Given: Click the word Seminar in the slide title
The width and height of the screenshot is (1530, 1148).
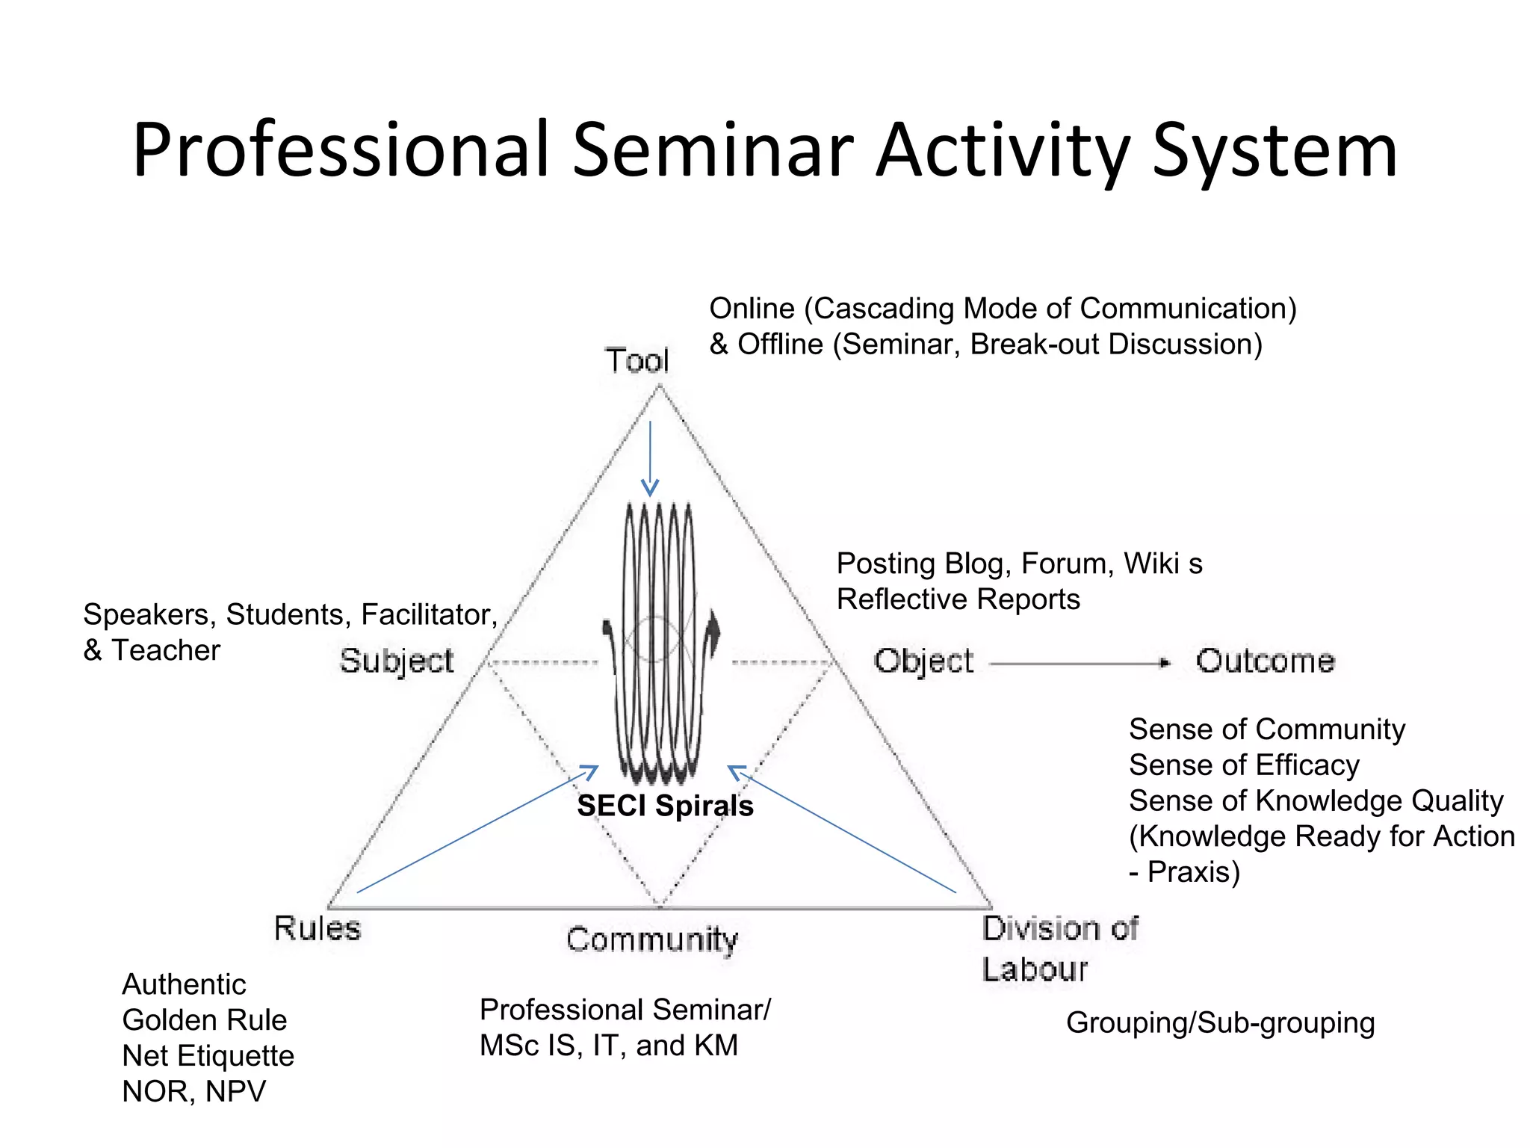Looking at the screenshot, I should (x=713, y=151).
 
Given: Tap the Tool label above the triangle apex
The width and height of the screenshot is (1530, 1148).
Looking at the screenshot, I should (x=637, y=361).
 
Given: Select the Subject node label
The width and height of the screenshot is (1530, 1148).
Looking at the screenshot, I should (x=397, y=661).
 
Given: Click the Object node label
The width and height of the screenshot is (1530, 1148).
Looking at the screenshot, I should (x=923, y=661).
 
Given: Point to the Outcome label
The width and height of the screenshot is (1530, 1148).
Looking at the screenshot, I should (x=1265, y=661).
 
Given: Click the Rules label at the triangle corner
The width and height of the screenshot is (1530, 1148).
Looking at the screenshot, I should (x=318, y=928).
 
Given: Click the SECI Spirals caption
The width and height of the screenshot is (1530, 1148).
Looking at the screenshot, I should (x=665, y=806).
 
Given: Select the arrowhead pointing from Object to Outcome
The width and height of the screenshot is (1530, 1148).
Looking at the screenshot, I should (x=1164, y=663).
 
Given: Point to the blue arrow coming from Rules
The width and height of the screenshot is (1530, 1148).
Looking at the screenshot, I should (x=478, y=830).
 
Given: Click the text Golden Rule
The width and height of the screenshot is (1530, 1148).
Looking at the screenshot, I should (x=204, y=1020).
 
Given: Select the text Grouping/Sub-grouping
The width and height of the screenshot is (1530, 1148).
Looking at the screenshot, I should (x=1220, y=1023).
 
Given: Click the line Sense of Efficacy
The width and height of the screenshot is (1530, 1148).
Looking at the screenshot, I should (x=1244, y=765).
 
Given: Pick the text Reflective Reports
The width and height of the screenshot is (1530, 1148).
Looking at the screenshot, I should (x=958, y=599).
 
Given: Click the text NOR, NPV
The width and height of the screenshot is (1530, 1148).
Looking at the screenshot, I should (x=193, y=1092).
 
